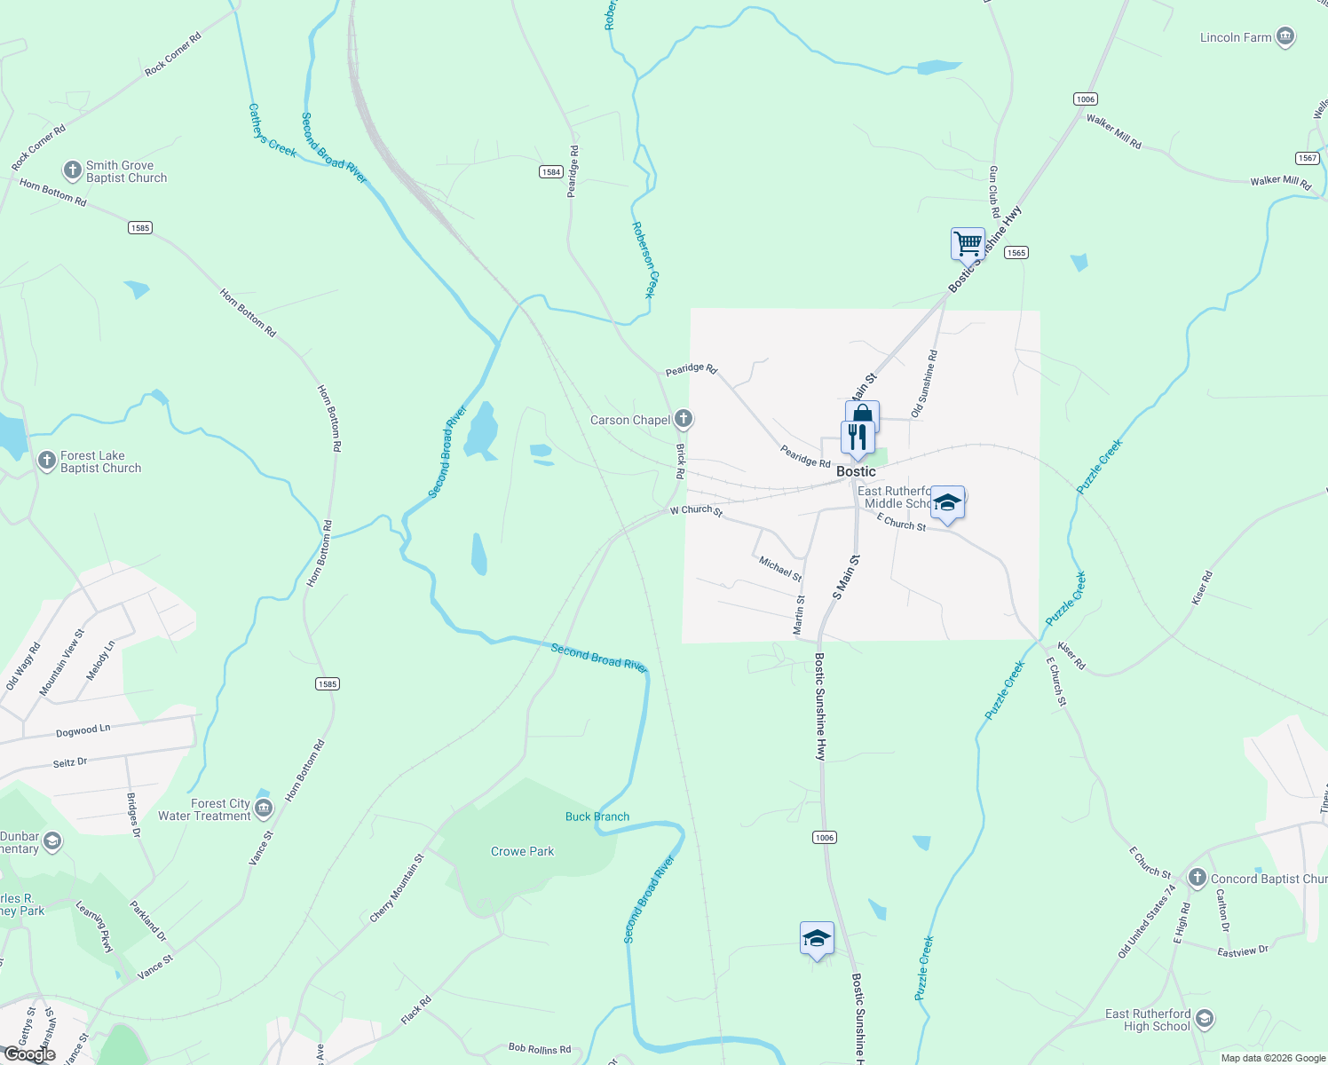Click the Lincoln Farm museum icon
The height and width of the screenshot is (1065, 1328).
[x=1285, y=36]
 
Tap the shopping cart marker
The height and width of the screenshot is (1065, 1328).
[x=968, y=242]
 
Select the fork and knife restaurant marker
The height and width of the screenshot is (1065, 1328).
[x=857, y=437]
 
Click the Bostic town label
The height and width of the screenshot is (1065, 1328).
[x=856, y=471]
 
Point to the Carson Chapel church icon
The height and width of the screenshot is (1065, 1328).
[x=683, y=418]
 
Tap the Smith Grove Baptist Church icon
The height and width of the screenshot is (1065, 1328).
[x=73, y=170]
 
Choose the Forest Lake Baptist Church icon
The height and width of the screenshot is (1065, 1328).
[x=47, y=460]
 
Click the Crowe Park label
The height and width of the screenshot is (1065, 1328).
[x=522, y=851]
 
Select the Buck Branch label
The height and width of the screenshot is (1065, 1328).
[x=597, y=816]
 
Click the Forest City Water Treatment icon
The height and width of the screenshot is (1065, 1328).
[x=264, y=808]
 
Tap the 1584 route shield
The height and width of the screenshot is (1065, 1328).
[x=551, y=171]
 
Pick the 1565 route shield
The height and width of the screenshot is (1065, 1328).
[x=1016, y=253]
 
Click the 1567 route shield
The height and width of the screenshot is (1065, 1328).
[x=1308, y=158]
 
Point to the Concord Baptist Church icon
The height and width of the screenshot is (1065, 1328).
[x=1197, y=878]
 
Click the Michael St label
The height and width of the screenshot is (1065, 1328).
[x=780, y=569]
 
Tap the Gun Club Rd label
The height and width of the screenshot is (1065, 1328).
[x=993, y=191]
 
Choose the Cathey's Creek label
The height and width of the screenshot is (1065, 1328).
[x=272, y=130]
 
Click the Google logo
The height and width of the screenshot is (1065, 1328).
[x=30, y=1054]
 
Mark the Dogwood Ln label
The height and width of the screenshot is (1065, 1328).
[x=83, y=730]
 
